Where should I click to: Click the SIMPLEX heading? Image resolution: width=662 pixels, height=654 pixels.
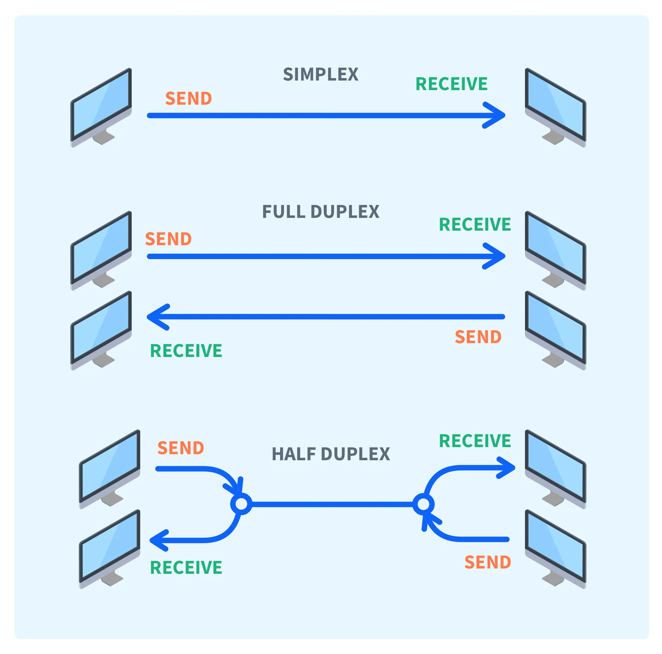321,75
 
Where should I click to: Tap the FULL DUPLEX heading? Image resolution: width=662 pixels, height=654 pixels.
321,212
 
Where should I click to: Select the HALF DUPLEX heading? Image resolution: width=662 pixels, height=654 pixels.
330,454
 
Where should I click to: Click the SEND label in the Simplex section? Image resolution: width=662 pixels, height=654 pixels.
188,99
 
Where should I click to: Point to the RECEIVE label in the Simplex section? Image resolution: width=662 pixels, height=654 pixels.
452,84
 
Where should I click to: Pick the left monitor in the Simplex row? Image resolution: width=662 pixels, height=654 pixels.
102,106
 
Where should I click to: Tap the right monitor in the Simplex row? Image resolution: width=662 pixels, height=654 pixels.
555,106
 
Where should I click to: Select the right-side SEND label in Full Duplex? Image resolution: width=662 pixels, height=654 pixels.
478,337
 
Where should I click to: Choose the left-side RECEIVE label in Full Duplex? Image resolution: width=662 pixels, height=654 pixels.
186,351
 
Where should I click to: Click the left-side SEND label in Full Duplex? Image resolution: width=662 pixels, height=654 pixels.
168,239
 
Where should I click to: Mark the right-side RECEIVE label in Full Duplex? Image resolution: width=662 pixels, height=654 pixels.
475,225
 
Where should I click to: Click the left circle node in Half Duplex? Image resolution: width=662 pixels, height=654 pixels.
241,504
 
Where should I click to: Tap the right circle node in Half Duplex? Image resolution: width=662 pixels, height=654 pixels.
423,504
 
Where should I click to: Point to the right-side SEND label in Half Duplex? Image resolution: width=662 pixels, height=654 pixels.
488,562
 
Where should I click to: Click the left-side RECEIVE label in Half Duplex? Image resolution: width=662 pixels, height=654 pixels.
186,567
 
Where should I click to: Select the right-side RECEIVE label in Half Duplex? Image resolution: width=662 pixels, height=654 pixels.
475,441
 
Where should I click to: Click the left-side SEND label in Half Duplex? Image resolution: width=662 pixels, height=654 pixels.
181,448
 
